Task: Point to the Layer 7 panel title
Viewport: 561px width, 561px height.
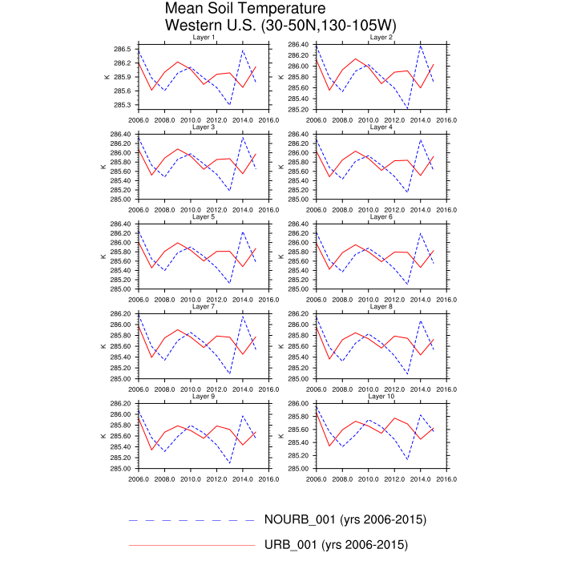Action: tap(203, 307)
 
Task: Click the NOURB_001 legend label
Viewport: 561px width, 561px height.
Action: tap(344, 519)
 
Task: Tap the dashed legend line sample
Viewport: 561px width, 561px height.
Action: tap(191, 519)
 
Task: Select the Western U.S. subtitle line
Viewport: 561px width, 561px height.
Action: tap(280, 26)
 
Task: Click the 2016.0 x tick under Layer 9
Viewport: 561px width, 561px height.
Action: tap(268, 478)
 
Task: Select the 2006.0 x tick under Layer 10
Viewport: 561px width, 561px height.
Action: tap(317, 478)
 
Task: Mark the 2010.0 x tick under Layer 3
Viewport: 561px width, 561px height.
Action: tap(191, 209)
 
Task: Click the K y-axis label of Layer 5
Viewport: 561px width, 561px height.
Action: tap(103, 256)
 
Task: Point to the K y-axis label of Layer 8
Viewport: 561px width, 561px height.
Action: tap(281, 346)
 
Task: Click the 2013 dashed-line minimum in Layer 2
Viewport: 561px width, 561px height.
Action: tap(408, 108)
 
